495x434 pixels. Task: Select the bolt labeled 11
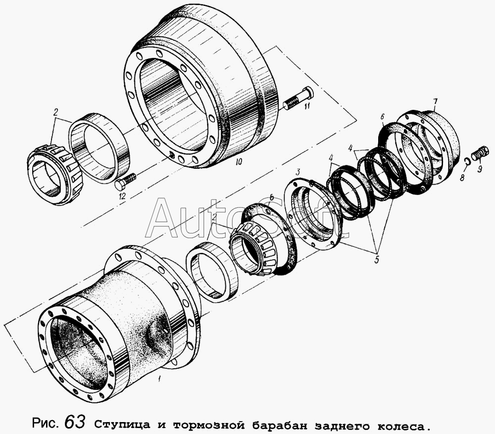click(298, 98)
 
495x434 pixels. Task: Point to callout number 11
click(306, 106)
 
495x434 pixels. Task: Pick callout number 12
click(122, 196)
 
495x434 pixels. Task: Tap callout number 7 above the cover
click(435, 102)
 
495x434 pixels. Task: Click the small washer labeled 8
click(468, 161)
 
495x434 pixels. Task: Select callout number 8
click(462, 178)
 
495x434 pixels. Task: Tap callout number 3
click(297, 172)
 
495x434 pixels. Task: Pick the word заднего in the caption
click(344, 426)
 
